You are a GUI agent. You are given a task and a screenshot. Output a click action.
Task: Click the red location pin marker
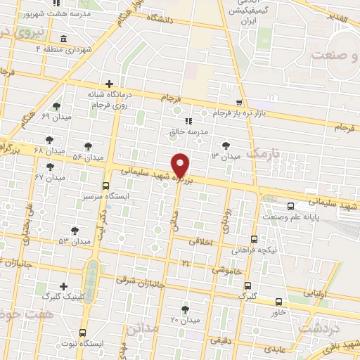[181, 165]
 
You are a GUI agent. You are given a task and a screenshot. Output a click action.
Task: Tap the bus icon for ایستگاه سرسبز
[105, 186]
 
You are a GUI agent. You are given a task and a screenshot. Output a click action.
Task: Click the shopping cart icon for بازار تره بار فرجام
[239, 103]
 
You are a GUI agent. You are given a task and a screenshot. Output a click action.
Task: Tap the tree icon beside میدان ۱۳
[225, 145]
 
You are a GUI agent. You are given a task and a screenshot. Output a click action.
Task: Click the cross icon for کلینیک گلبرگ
[64, 286]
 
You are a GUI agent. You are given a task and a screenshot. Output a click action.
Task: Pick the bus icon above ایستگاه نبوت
[83, 333]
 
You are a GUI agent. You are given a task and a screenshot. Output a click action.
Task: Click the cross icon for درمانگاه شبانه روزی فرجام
[108, 84]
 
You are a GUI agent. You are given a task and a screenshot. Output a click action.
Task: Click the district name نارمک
[264, 153]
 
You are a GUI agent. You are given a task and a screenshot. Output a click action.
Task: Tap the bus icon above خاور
[280, 301]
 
